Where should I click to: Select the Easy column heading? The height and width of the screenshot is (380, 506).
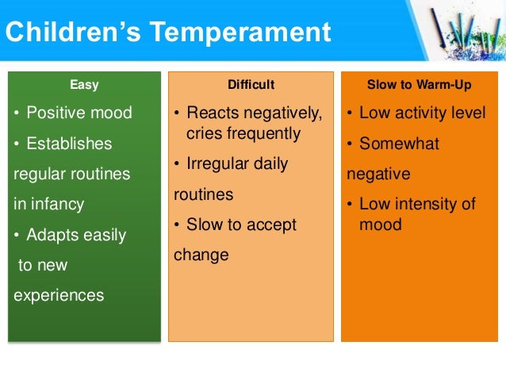(85, 84)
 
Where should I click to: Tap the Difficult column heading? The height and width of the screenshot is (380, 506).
(251, 84)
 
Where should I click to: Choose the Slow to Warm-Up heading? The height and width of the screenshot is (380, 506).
(416, 84)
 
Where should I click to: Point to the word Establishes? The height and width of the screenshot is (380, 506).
(70, 144)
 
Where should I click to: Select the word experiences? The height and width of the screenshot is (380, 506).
(59, 295)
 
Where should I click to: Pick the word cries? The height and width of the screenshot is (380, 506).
(204, 133)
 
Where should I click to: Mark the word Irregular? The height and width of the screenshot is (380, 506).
(220, 163)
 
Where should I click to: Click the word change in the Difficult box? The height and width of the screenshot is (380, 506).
(201, 255)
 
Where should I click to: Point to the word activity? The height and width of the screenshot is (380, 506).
(417, 113)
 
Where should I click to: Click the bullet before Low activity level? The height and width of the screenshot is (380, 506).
(350, 113)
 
